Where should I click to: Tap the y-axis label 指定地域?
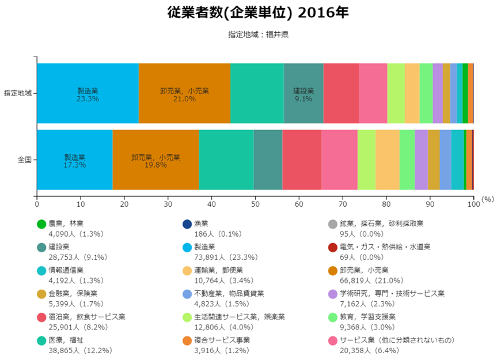[17, 93]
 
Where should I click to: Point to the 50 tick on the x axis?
[255, 203]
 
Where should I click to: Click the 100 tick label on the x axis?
[473, 203]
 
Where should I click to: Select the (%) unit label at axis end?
[488, 199]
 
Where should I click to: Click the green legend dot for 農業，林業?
[41, 224]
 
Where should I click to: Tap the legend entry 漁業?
[201, 223]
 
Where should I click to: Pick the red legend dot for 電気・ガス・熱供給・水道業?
[332, 247]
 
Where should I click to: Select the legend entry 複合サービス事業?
[221, 340]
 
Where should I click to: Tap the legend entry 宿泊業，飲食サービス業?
[86, 317]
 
